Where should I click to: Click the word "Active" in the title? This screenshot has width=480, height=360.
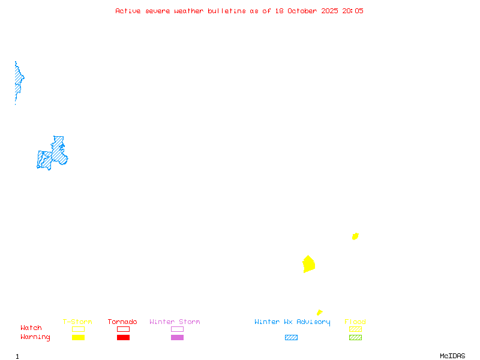click(128, 11)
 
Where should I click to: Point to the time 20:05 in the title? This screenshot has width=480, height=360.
click(353, 11)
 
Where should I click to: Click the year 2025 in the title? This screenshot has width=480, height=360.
click(329, 11)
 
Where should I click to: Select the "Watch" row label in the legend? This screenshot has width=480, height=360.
click(31, 328)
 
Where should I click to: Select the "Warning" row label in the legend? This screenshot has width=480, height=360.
click(35, 337)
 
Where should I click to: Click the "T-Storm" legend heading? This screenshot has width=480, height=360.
click(77, 322)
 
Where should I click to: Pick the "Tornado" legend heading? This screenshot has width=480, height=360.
click(122, 322)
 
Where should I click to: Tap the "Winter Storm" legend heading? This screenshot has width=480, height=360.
click(175, 322)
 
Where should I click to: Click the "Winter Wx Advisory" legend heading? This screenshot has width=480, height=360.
click(292, 322)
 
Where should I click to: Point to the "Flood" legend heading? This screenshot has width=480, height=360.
click(355, 322)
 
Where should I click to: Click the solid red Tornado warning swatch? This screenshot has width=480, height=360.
click(123, 338)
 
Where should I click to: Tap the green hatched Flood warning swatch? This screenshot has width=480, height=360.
click(355, 338)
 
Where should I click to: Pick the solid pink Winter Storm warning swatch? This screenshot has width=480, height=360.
click(177, 338)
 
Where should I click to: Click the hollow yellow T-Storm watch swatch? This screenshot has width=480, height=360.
click(78, 329)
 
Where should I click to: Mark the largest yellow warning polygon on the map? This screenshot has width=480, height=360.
click(308, 264)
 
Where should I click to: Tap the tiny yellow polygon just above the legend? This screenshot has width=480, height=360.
click(319, 313)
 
